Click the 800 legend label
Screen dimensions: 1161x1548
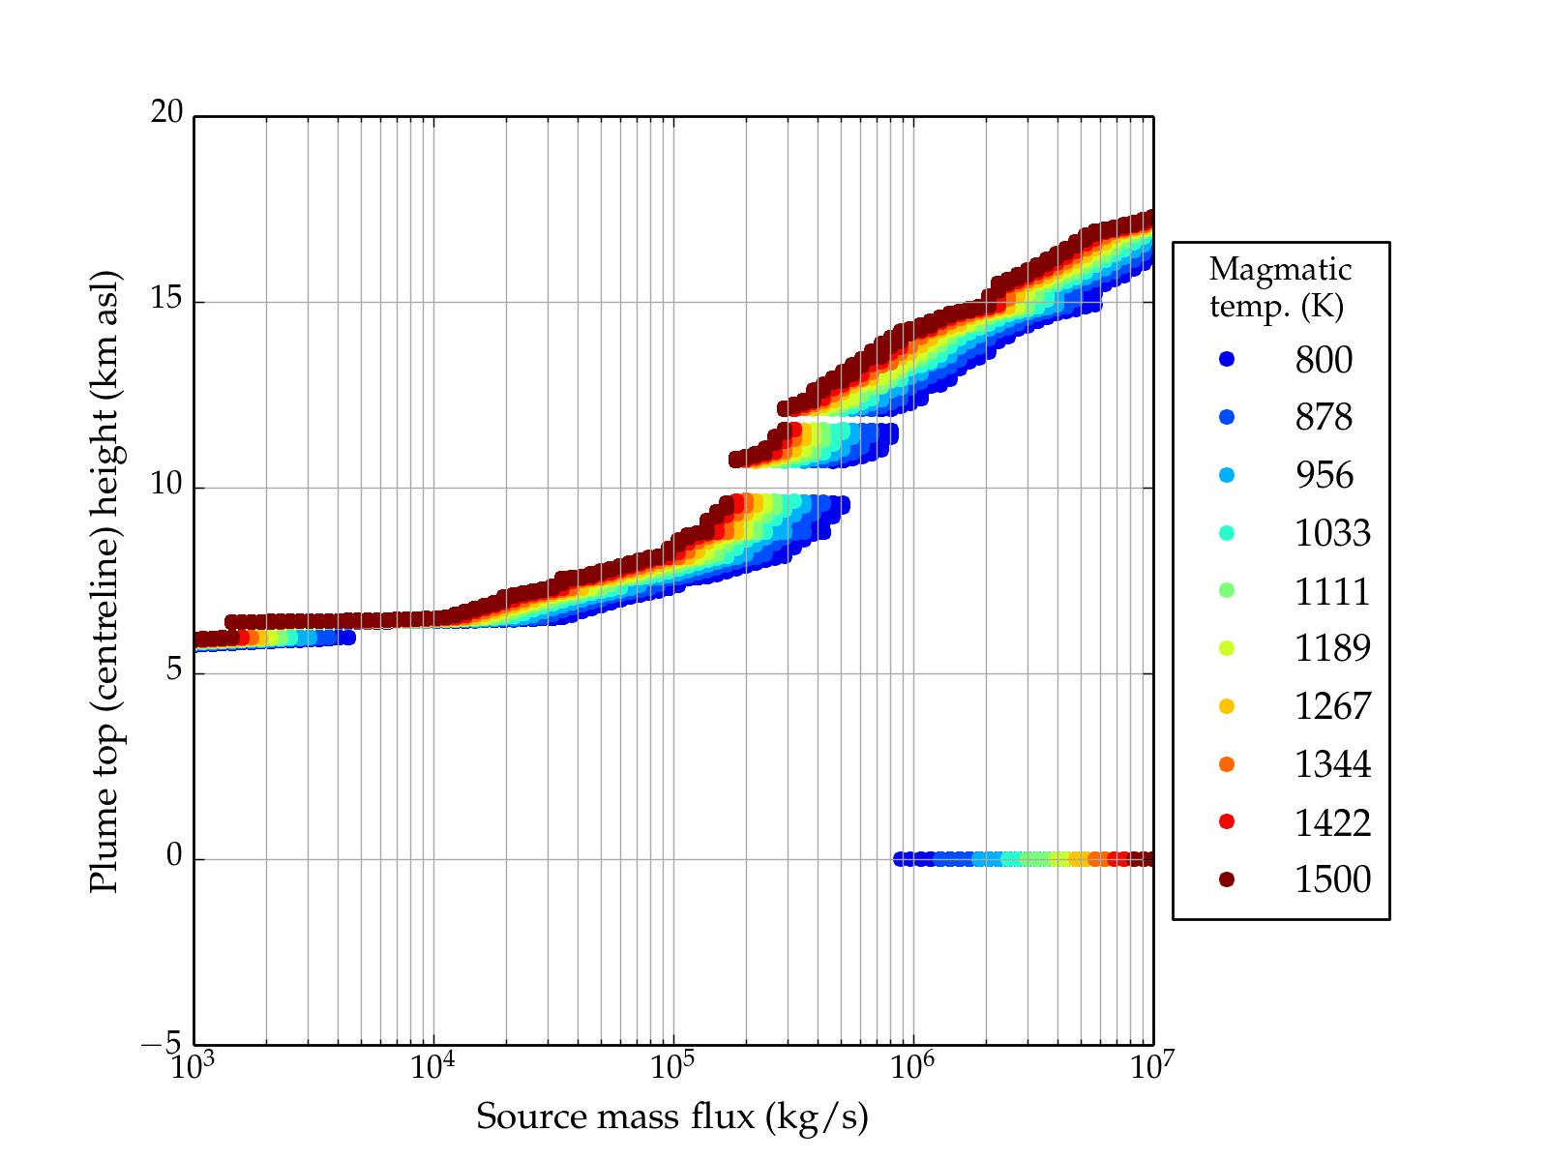pos(1324,360)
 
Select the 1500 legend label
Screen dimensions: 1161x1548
pos(1332,879)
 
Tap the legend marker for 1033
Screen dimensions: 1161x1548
pos(1227,533)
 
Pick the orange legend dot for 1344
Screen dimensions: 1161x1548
pos(1227,764)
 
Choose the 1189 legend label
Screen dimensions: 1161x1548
pos(1332,648)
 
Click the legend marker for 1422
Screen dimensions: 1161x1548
pos(1227,821)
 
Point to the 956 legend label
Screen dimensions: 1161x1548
pos(1324,475)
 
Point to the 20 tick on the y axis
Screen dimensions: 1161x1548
pos(166,113)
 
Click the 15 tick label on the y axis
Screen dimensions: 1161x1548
pos(166,299)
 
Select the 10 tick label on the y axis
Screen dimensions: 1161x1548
pos(166,485)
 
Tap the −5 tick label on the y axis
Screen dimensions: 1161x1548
pos(162,1044)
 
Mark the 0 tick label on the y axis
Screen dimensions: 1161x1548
pos(174,856)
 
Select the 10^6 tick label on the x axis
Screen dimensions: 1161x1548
pos(912,1066)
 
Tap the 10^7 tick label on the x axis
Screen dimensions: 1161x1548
pos(1151,1066)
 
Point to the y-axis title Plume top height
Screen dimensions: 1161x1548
pos(104,580)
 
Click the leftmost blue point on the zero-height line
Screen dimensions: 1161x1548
pos(900,859)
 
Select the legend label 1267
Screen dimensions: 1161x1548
pos(1332,706)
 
